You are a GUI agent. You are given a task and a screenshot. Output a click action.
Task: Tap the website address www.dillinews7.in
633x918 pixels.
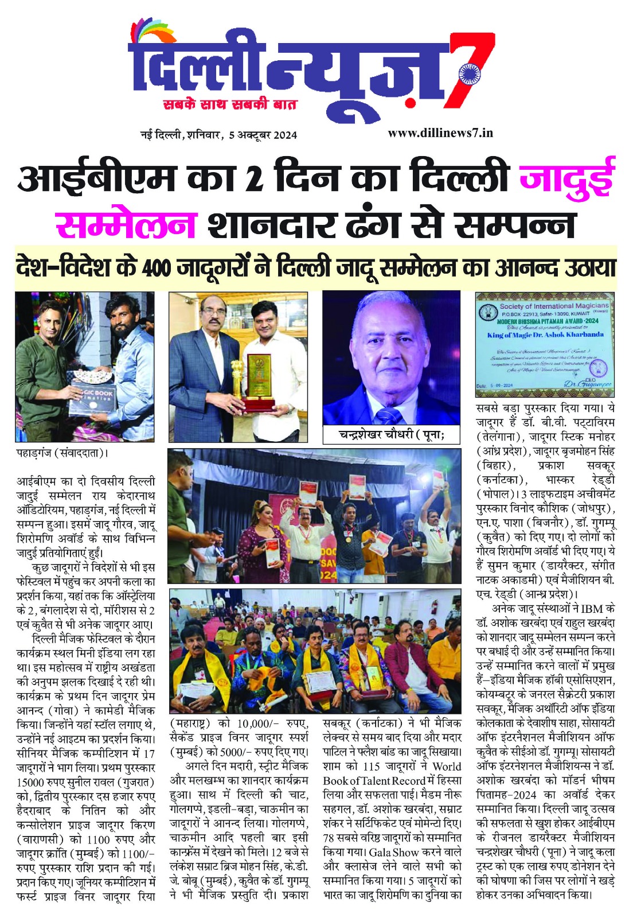click(440, 133)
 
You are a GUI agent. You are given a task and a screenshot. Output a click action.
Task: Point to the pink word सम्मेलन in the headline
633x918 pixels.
click(126, 224)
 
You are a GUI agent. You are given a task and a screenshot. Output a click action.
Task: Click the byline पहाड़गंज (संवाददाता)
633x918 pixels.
click(62, 453)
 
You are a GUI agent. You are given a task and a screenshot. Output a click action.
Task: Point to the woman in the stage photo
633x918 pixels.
click(261, 536)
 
